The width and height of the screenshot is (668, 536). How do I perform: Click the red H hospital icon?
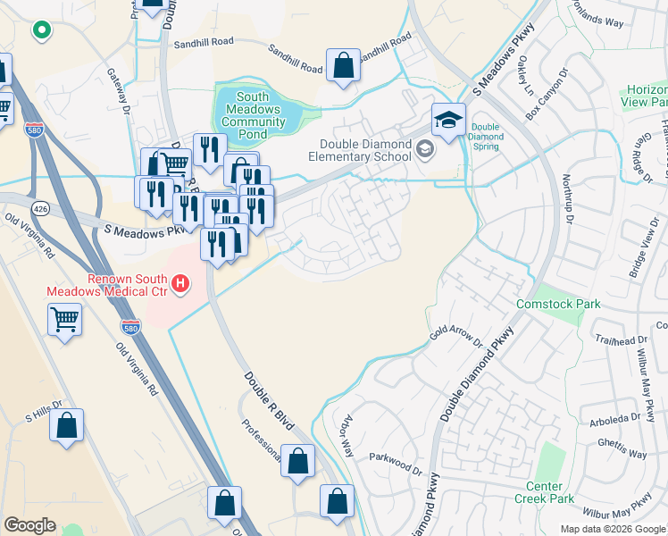point(180,286)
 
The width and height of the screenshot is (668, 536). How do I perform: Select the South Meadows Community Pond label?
point(254,115)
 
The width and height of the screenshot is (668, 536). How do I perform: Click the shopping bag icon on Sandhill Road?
point(343,65)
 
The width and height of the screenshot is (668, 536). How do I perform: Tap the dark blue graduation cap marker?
point(448,119)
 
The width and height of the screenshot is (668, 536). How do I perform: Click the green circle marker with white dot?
point(40,31)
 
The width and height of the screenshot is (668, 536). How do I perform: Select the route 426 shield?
point(40,208)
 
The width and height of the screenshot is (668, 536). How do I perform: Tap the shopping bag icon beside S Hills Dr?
point(67,427)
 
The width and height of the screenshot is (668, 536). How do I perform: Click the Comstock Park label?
point(558,304)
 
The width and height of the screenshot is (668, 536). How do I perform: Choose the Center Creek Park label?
point(543,492)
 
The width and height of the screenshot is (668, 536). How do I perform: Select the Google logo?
point(30,525)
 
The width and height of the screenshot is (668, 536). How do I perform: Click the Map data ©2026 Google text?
point(612,529)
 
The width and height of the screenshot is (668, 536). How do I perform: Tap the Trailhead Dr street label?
point(625,339)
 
